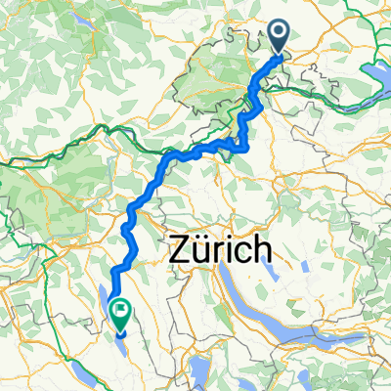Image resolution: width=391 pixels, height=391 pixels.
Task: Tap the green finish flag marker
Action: [122, 314]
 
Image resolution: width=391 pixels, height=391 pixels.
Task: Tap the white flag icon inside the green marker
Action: [122, 311]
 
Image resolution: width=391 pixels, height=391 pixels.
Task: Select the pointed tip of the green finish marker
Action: [122, 330]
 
